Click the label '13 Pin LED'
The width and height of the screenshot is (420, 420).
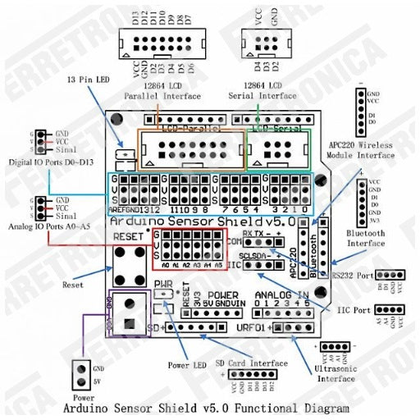click(88, 80)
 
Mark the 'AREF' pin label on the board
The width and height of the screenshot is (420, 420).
click(120, 209)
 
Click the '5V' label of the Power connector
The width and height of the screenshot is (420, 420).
click(99, 381)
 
